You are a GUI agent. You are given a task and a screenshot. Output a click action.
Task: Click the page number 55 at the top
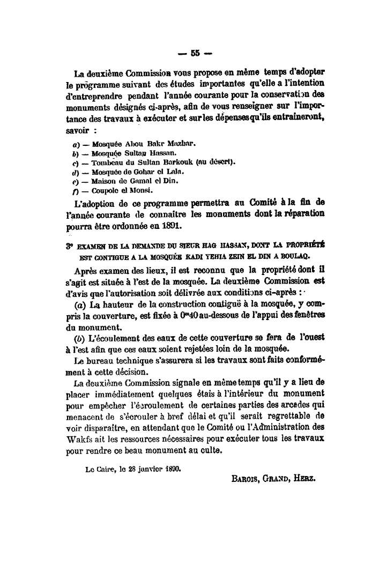point(194,53)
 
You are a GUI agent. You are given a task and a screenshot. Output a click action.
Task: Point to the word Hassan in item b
point(175,153)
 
